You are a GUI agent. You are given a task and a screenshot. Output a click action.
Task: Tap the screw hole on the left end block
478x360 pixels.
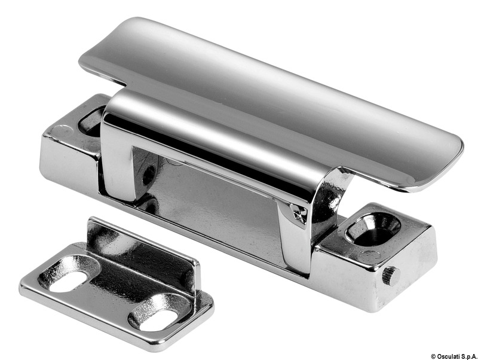91,121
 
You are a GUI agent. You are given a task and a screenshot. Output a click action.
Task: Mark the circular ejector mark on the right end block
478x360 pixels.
369,257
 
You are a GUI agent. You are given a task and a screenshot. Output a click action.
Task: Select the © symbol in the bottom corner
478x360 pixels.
433,356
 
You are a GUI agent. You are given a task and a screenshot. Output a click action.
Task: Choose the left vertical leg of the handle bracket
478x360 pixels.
117,158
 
